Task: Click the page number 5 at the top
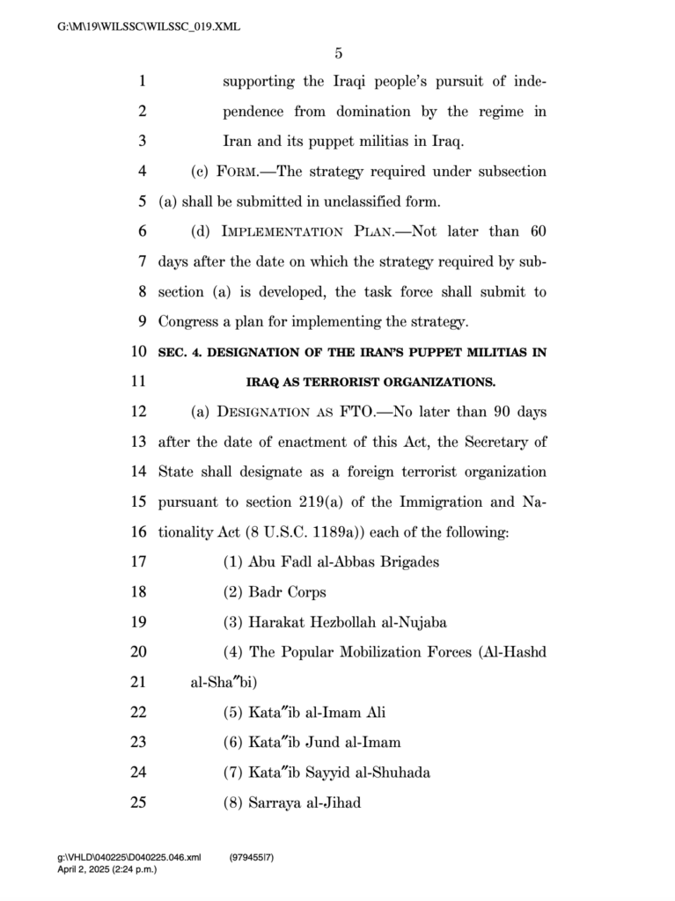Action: pos(338,54)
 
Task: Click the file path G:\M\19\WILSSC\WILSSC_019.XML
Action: pos(149,27)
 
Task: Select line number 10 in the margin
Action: pos(138,352)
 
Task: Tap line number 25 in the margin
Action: pos(138,802)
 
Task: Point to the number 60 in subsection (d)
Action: pos(538,232)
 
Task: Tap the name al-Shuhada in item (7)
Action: pos(393,773)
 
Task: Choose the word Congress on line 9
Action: pos(187,322)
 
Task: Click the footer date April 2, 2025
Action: pos(88,869)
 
